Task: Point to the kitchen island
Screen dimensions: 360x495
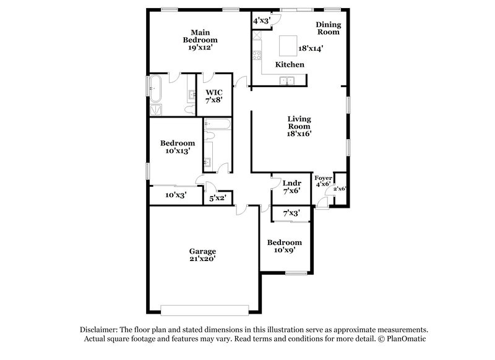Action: tap(286, 46)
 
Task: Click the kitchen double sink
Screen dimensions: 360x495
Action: tap(286, 80)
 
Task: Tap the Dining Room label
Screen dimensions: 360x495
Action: tap(329, 28)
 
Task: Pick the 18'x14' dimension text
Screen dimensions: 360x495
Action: tap(311, 48)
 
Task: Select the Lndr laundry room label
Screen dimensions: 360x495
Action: tap(291, 183)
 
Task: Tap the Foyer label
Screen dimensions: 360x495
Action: tap(324, 178)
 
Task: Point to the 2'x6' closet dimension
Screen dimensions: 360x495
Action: tap(340, 189)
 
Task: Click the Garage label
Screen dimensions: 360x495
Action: tap(202, 251)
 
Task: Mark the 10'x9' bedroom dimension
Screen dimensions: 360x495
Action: tap(285, 251)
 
